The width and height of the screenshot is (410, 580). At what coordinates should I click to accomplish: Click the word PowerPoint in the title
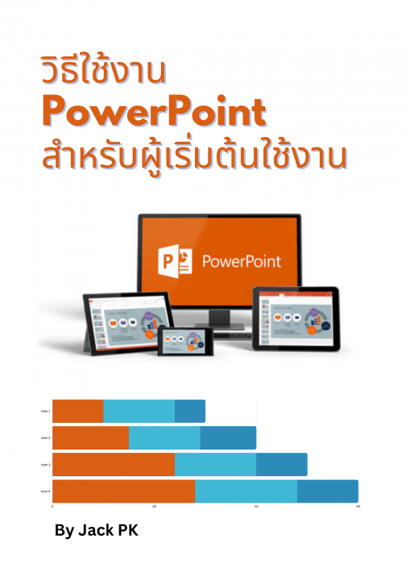pos(153,113)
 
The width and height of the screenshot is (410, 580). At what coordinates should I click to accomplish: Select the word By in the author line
pos(64,531)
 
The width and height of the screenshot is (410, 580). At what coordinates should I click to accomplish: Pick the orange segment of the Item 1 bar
pos(77,411)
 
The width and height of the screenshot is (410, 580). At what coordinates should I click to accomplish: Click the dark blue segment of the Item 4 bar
pos(327,491)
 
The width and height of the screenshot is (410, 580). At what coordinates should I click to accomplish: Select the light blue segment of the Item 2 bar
pos(164,438)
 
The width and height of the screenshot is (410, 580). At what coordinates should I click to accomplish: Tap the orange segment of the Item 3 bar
pos(113,465)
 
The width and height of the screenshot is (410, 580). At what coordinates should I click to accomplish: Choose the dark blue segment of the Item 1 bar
pos(190,411)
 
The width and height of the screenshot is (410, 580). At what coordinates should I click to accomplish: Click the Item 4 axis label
pos(46,491)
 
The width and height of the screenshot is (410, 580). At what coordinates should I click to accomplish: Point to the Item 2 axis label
pos(46,438)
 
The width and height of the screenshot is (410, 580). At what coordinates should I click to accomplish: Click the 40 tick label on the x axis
pos(256,507)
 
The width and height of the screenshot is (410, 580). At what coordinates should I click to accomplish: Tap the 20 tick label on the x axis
pos(154,507)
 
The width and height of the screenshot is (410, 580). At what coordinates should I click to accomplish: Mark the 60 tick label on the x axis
pos(358,507)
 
